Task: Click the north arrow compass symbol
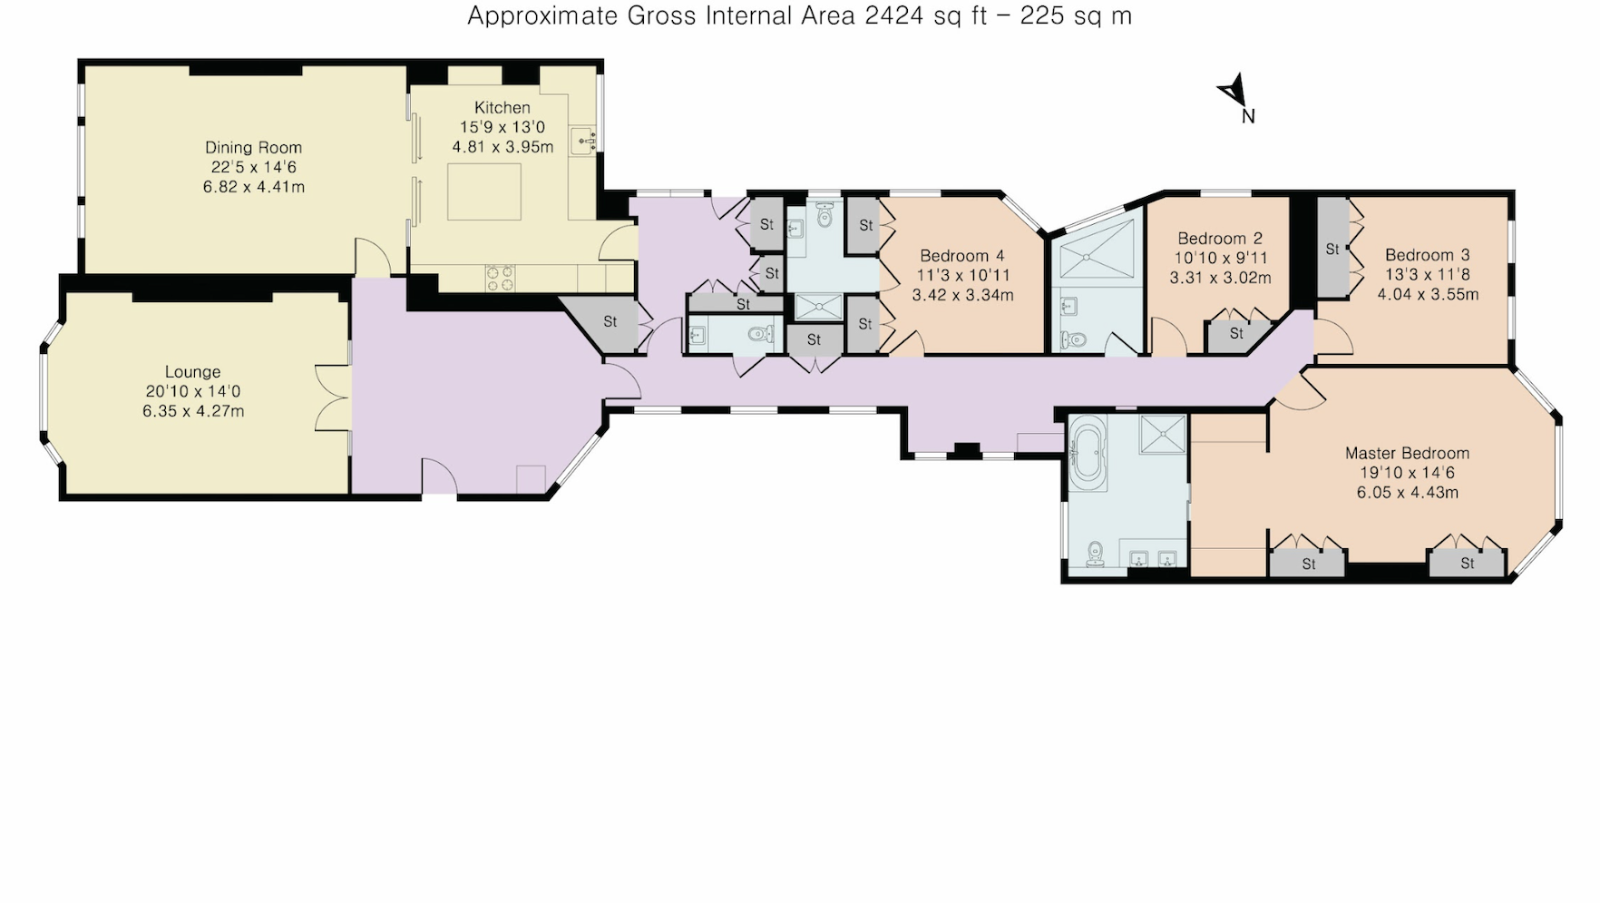(1232, 92)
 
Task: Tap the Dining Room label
(253, 147)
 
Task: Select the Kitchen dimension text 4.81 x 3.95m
(502, 147)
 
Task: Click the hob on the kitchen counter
(500, 277)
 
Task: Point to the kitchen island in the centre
(484, 191)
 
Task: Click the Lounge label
(192, 371)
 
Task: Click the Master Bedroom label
(1407, 453)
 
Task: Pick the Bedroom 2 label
(1220, 238)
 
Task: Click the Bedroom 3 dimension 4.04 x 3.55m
(1428, 294)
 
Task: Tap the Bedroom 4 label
(961, 256)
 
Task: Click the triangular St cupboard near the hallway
(607, 322)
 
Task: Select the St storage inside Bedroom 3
(1332, 249)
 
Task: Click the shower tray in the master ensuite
(1163, 434)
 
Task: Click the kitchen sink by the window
(583, 142)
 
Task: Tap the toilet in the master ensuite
(1095, 553)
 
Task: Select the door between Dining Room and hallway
(372, 257)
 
